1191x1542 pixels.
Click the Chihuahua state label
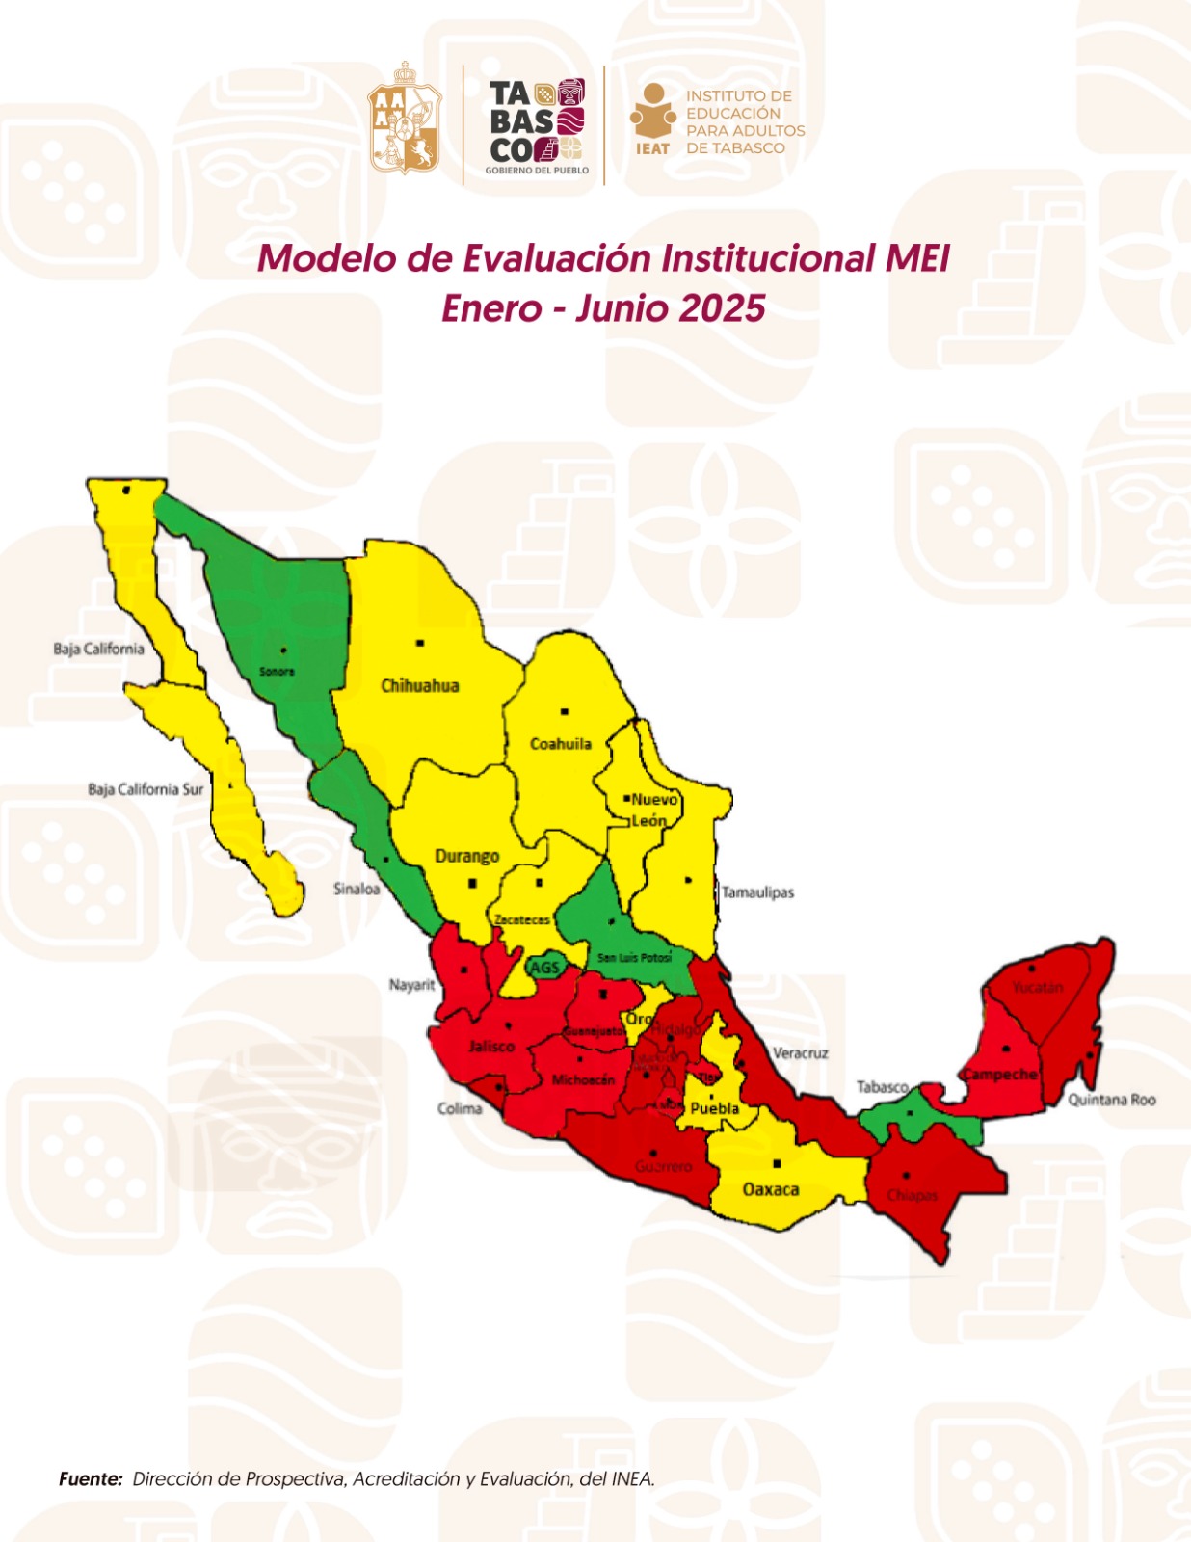click(x=419, y=686)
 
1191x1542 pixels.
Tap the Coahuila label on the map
click(x=561, y=744)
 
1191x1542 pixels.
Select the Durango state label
click(x=467, y=856)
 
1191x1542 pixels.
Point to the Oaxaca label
click(x=770, y=1189)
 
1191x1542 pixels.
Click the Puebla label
click(x=714, y=1108)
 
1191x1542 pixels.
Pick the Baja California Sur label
click(x=146, y=789)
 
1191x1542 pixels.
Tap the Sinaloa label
click(x=357, y=889)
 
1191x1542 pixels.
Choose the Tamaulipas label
click(x=758, y=892)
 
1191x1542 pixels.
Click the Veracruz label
click(x=800, y=1053)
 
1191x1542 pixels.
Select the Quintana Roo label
click(x=1111, y=1100)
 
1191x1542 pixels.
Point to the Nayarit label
click(x=412, y=985)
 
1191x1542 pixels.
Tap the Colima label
click(x=460, y=1108)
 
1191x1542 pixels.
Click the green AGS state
click(x=544, y=967)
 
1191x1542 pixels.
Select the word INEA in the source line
click(x=632, y=1478)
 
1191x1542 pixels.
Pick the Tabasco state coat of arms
click(x=405, y=120)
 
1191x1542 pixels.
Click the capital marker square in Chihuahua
click(x=420, y=643)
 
